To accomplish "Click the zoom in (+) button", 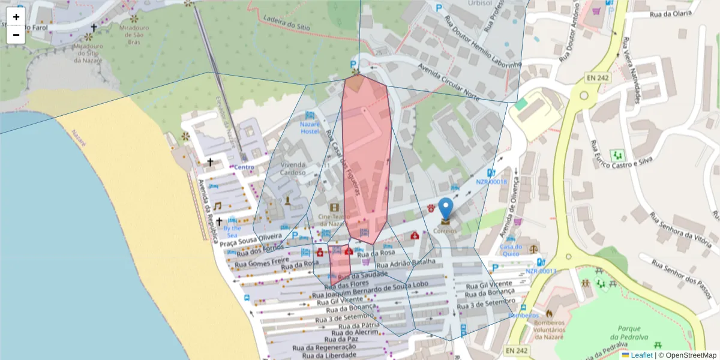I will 16,17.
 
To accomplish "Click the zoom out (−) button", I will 16,35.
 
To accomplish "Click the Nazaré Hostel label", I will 310,127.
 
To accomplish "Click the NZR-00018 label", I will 491,182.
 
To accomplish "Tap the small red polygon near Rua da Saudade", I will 339,264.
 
